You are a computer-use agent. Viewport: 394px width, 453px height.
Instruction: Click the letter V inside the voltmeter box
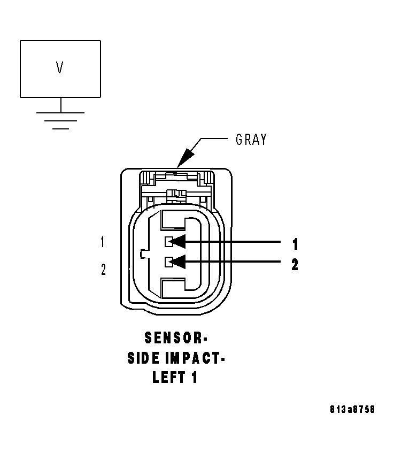[60, 67]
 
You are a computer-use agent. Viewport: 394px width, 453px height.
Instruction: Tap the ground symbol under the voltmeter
[60, 120]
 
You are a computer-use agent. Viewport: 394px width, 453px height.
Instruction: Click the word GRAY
[251, 140]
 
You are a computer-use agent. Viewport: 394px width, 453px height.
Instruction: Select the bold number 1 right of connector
[295, 244]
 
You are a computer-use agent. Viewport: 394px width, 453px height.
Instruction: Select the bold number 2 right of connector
[295, 264]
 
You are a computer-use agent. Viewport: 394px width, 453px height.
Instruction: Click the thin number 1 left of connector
[102, 242]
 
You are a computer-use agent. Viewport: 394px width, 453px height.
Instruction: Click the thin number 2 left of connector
[103, 270]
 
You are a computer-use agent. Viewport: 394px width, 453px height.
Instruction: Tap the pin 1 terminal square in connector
[168, 242]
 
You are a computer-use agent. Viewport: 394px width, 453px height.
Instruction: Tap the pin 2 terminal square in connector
[168, 262]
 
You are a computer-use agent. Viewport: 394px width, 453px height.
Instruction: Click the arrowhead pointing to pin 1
[179, 242]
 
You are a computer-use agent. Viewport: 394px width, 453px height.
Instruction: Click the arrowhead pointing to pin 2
[179, 262]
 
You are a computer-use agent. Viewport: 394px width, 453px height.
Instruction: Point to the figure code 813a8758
[352, 409]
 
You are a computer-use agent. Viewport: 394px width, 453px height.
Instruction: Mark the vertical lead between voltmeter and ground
[60, 105]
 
